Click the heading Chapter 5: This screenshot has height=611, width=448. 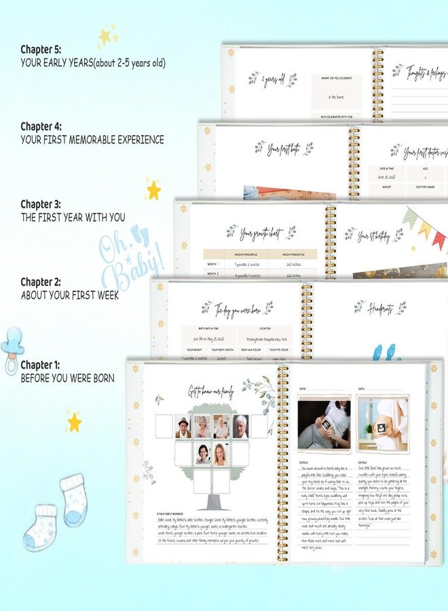click(41, 50)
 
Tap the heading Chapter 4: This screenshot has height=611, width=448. click(41, 126)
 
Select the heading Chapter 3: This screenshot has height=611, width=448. click(41, 204)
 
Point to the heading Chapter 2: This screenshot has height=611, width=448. click(41, 282)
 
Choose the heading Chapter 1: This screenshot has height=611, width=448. click(40, 365)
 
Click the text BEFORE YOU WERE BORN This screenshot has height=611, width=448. click(67, 377)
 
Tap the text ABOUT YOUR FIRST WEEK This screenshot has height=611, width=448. click(70, 295)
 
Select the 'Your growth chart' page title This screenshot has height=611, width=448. click(261, 234)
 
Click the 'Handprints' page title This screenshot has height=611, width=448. click(379, 308)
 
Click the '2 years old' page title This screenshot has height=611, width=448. click(272, 80)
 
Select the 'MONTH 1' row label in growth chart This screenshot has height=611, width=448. click(213, 263)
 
